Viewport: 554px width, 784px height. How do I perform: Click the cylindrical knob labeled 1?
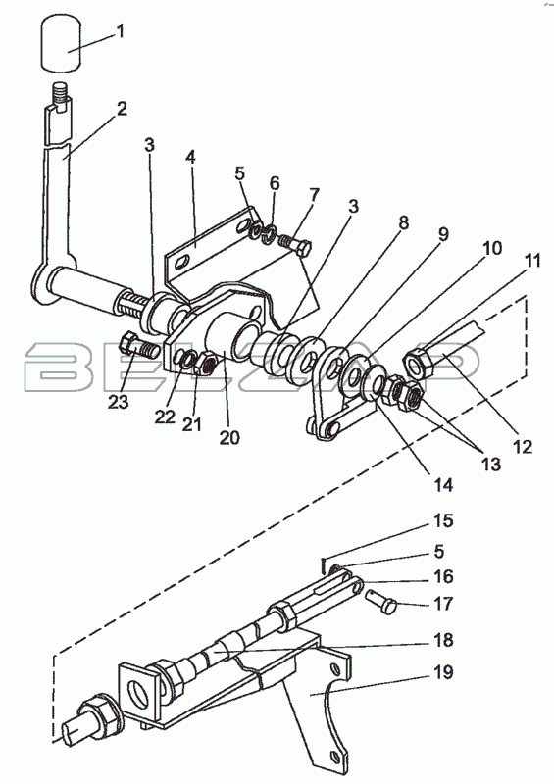pos(61,42)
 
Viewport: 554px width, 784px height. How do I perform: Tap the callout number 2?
pos(122,109)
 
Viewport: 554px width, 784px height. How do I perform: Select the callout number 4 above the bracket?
pos(190,157)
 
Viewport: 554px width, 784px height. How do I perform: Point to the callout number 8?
pos(403,222)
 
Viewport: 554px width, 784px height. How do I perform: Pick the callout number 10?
pos(492,248)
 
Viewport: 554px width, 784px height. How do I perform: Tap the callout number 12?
pos(522,447)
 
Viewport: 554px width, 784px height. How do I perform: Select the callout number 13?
pos(491,465)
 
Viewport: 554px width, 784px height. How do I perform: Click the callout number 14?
pos(442,484)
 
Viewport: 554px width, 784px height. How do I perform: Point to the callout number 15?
pos(443,520)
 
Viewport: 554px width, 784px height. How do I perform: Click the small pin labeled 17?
pos(381,601)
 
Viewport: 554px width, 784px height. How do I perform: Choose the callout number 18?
pos(443,640)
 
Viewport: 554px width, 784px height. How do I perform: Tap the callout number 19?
pos(443,672)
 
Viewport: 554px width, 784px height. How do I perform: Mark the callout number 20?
pos(229,437)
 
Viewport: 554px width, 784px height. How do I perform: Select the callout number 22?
pos(165,416)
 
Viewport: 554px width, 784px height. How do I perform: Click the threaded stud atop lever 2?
pos(60,94)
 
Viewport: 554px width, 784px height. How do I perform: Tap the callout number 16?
pos(443,576)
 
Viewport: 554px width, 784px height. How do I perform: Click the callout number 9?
pos(443,234)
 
